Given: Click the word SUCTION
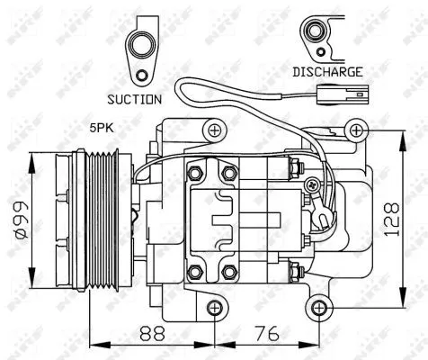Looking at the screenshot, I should click(x=134, y=98).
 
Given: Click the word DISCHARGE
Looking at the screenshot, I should click(x=327, y=71).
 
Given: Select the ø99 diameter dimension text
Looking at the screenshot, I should click(x=18, y=216).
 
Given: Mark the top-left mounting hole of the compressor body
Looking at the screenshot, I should click(x=213, y=131).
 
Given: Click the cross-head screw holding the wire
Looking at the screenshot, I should click(x=311, y=184).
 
